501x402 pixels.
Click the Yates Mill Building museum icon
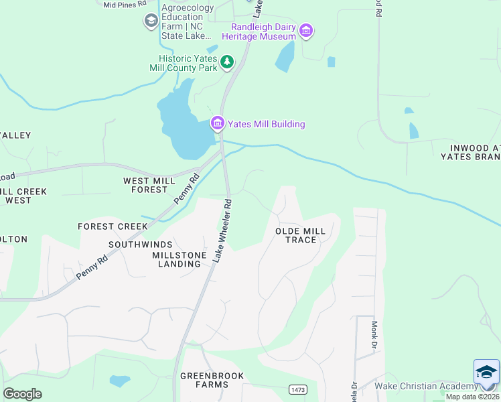coord(217,124)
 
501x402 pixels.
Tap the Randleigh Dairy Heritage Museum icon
coord(307,30)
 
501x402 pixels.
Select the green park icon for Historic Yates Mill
coord(228,62)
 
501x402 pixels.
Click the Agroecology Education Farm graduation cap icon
coord(151,21)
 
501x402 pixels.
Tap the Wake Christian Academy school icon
coord(486,373)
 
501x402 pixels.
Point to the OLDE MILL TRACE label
coord(300,235)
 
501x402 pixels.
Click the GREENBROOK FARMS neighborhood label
coord(212,380)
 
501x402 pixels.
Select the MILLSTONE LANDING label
coord(176,259)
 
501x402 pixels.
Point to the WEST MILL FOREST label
coord(145,186)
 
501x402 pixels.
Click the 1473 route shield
coord(298,389)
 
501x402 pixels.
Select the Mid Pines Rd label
coord(125,5)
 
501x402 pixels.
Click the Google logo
coord(22,393)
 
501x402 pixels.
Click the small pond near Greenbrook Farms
coord(119,381)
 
